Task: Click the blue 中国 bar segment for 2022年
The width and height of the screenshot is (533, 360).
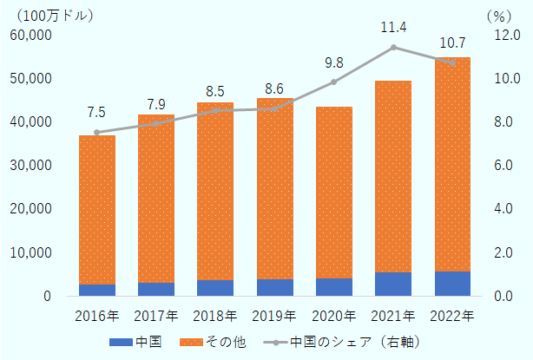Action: click(451, 284)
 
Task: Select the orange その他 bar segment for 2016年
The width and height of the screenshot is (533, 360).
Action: click(97, 209)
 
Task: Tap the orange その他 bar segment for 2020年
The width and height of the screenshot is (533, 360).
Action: click(333, 192)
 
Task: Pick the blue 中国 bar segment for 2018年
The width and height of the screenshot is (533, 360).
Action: click(215, 288)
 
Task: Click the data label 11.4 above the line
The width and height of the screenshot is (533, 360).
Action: click(393, 28)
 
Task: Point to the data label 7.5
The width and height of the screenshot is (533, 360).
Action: click(97, 113)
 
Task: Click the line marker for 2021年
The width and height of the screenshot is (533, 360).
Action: click(393, 48)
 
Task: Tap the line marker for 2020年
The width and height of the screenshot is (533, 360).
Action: click(333, 82)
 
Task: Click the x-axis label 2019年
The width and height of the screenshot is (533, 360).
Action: click(274, 315)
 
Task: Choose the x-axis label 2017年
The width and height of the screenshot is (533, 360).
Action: click(156, 315)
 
